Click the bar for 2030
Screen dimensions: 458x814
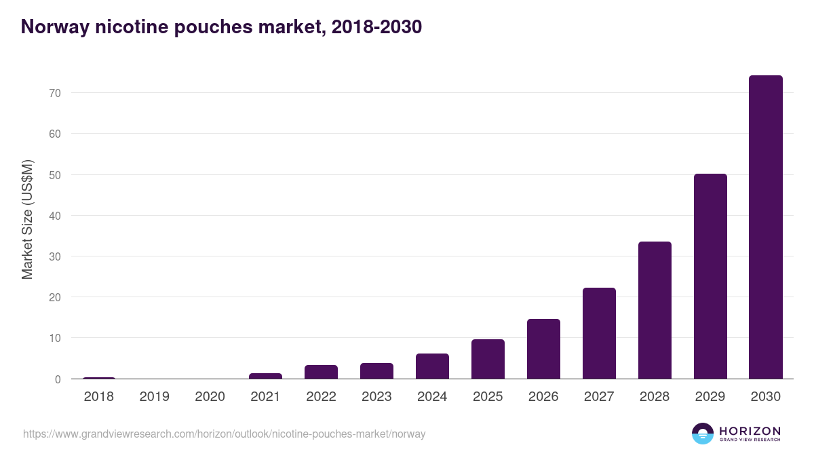(x=765, y=227)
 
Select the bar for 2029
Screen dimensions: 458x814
(x=710, y=276)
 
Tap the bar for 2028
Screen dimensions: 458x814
(x=655, y=310)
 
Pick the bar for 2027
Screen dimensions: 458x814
(x=599, y=333)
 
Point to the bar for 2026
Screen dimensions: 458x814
(x=543, y=349)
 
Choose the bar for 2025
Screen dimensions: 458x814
(x=488, y=359)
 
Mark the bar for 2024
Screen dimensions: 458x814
(x=432, y=366)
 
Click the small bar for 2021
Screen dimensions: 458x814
(x=265, y=376)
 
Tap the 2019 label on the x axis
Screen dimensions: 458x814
(x=154, y=397)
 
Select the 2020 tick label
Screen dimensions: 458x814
(x=210, y=397)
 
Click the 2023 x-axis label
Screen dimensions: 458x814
(x=376, y=397)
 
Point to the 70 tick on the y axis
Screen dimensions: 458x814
(x=55, y=93)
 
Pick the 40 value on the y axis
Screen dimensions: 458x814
(x=55, y=216)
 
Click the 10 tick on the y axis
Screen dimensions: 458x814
(x=55, y=339)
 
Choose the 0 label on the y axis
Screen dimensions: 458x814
(x=58, y=379)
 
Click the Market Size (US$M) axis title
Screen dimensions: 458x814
(x=27, y=219)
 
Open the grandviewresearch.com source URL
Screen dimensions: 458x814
(x=224, y=434)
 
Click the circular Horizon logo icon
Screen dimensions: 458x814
(x=702, y=434)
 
